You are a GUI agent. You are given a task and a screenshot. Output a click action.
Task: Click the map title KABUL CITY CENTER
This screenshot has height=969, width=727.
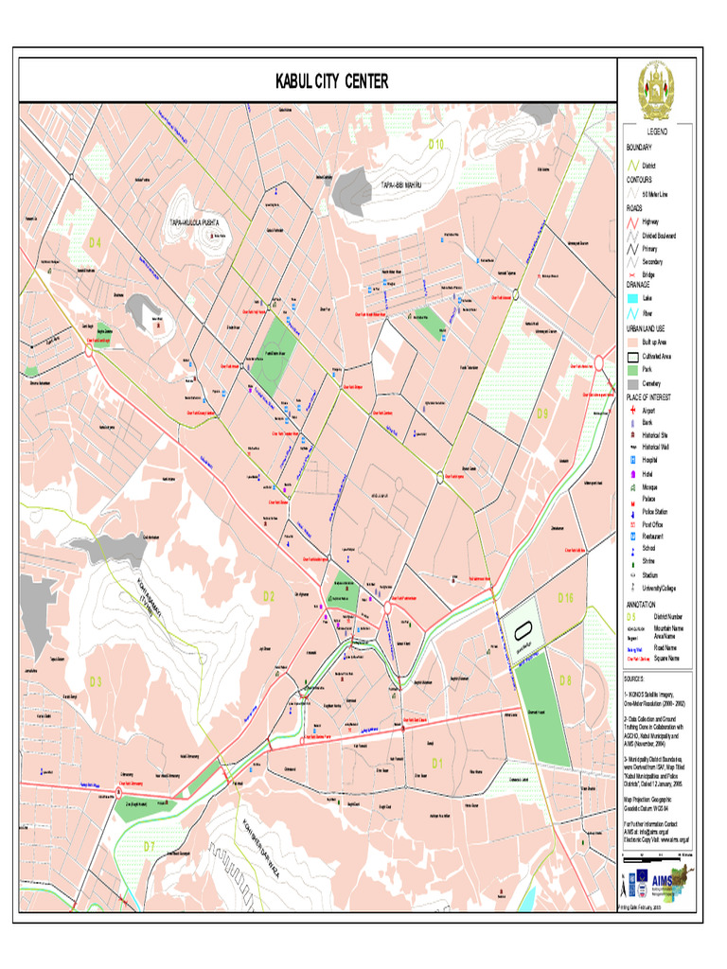pos(331,82)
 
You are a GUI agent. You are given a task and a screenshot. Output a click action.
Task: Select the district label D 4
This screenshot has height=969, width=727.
pos(95,242)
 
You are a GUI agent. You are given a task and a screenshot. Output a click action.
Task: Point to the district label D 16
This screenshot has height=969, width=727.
pos(565,597)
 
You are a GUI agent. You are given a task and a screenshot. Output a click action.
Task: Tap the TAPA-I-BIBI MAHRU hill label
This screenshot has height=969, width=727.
pos(399,185)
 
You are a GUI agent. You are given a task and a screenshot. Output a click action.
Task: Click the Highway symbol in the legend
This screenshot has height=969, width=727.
pos(632,221)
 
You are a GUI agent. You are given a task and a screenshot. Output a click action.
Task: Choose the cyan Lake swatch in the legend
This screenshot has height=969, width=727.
pos(632,297)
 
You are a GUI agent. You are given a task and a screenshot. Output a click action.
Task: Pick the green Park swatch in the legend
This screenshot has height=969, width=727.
pos(632,370)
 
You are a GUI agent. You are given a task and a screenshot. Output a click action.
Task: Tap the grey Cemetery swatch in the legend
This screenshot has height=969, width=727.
pos(632,383)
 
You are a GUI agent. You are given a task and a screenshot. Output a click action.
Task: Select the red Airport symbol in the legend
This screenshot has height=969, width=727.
pos(632,412)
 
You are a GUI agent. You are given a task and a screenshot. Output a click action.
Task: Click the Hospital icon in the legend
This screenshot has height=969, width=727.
pos(632,459)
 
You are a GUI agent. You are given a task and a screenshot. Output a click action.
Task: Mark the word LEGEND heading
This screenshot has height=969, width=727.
pos(657,132)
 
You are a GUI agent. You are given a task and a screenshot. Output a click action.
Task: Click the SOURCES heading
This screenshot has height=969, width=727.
pos(633,678)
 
